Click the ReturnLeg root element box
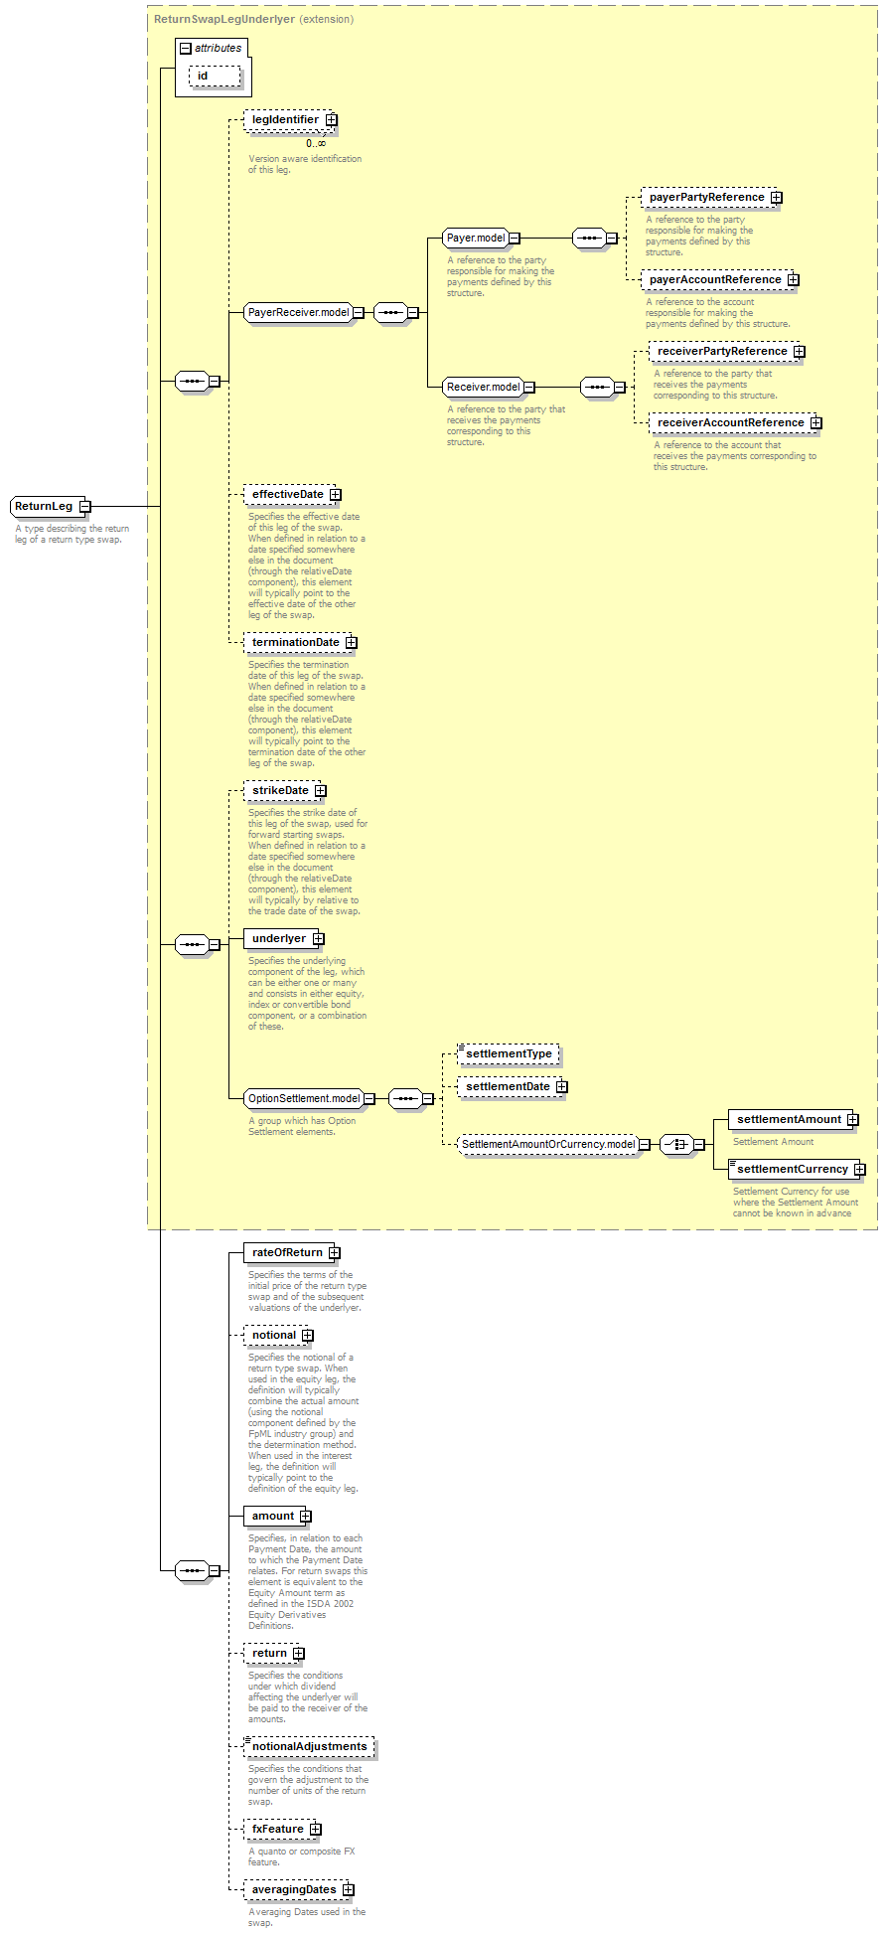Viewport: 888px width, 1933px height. point(45,506)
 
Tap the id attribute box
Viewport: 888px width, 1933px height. point(215,77)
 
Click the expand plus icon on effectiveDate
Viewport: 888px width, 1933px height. point(336,495)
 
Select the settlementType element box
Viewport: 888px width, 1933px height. point(509,1054)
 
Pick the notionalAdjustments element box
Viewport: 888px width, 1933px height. point(309,1747)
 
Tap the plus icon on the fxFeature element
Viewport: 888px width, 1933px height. point(316,1830)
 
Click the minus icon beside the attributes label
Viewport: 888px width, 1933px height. point(186,49)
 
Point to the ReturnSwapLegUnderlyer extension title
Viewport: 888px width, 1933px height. point(253,19)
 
